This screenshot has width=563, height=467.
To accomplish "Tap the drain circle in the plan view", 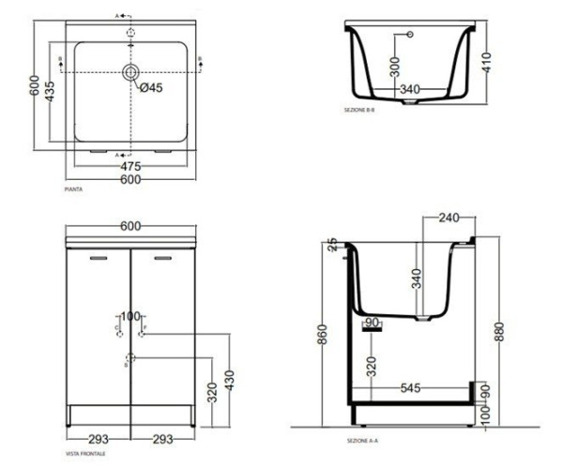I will pos(130,70).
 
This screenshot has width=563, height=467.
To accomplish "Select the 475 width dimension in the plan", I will pos(131,168).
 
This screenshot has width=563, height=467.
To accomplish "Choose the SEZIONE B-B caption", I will pos(359,110).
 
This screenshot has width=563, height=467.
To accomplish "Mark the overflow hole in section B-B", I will pos(409,36).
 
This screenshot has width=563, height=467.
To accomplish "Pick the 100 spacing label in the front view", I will pos(129,316).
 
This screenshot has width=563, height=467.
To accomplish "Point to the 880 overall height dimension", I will pos(498,330).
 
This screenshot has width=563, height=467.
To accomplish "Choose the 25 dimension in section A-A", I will pos(330,246).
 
